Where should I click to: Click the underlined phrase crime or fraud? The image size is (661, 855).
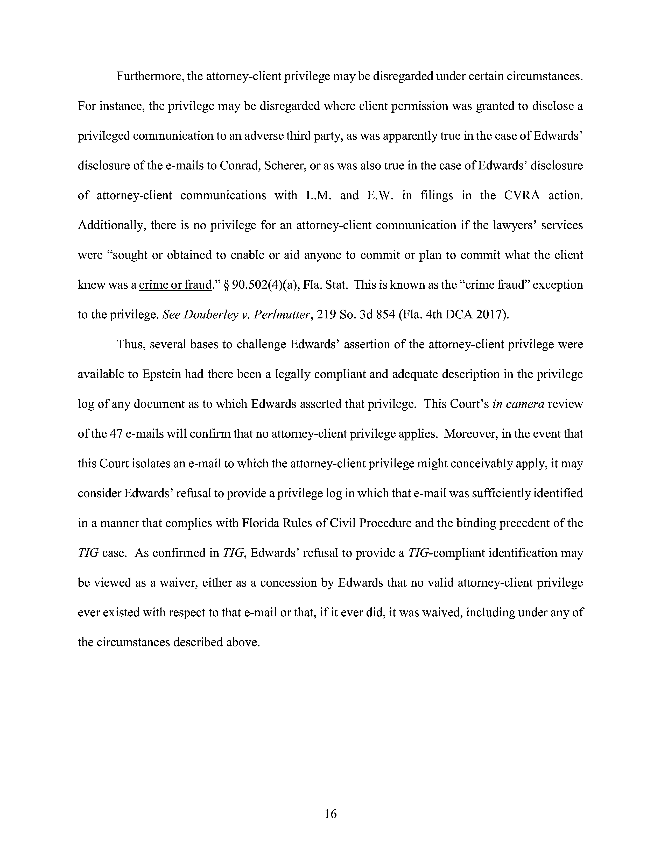pos(175,284)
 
